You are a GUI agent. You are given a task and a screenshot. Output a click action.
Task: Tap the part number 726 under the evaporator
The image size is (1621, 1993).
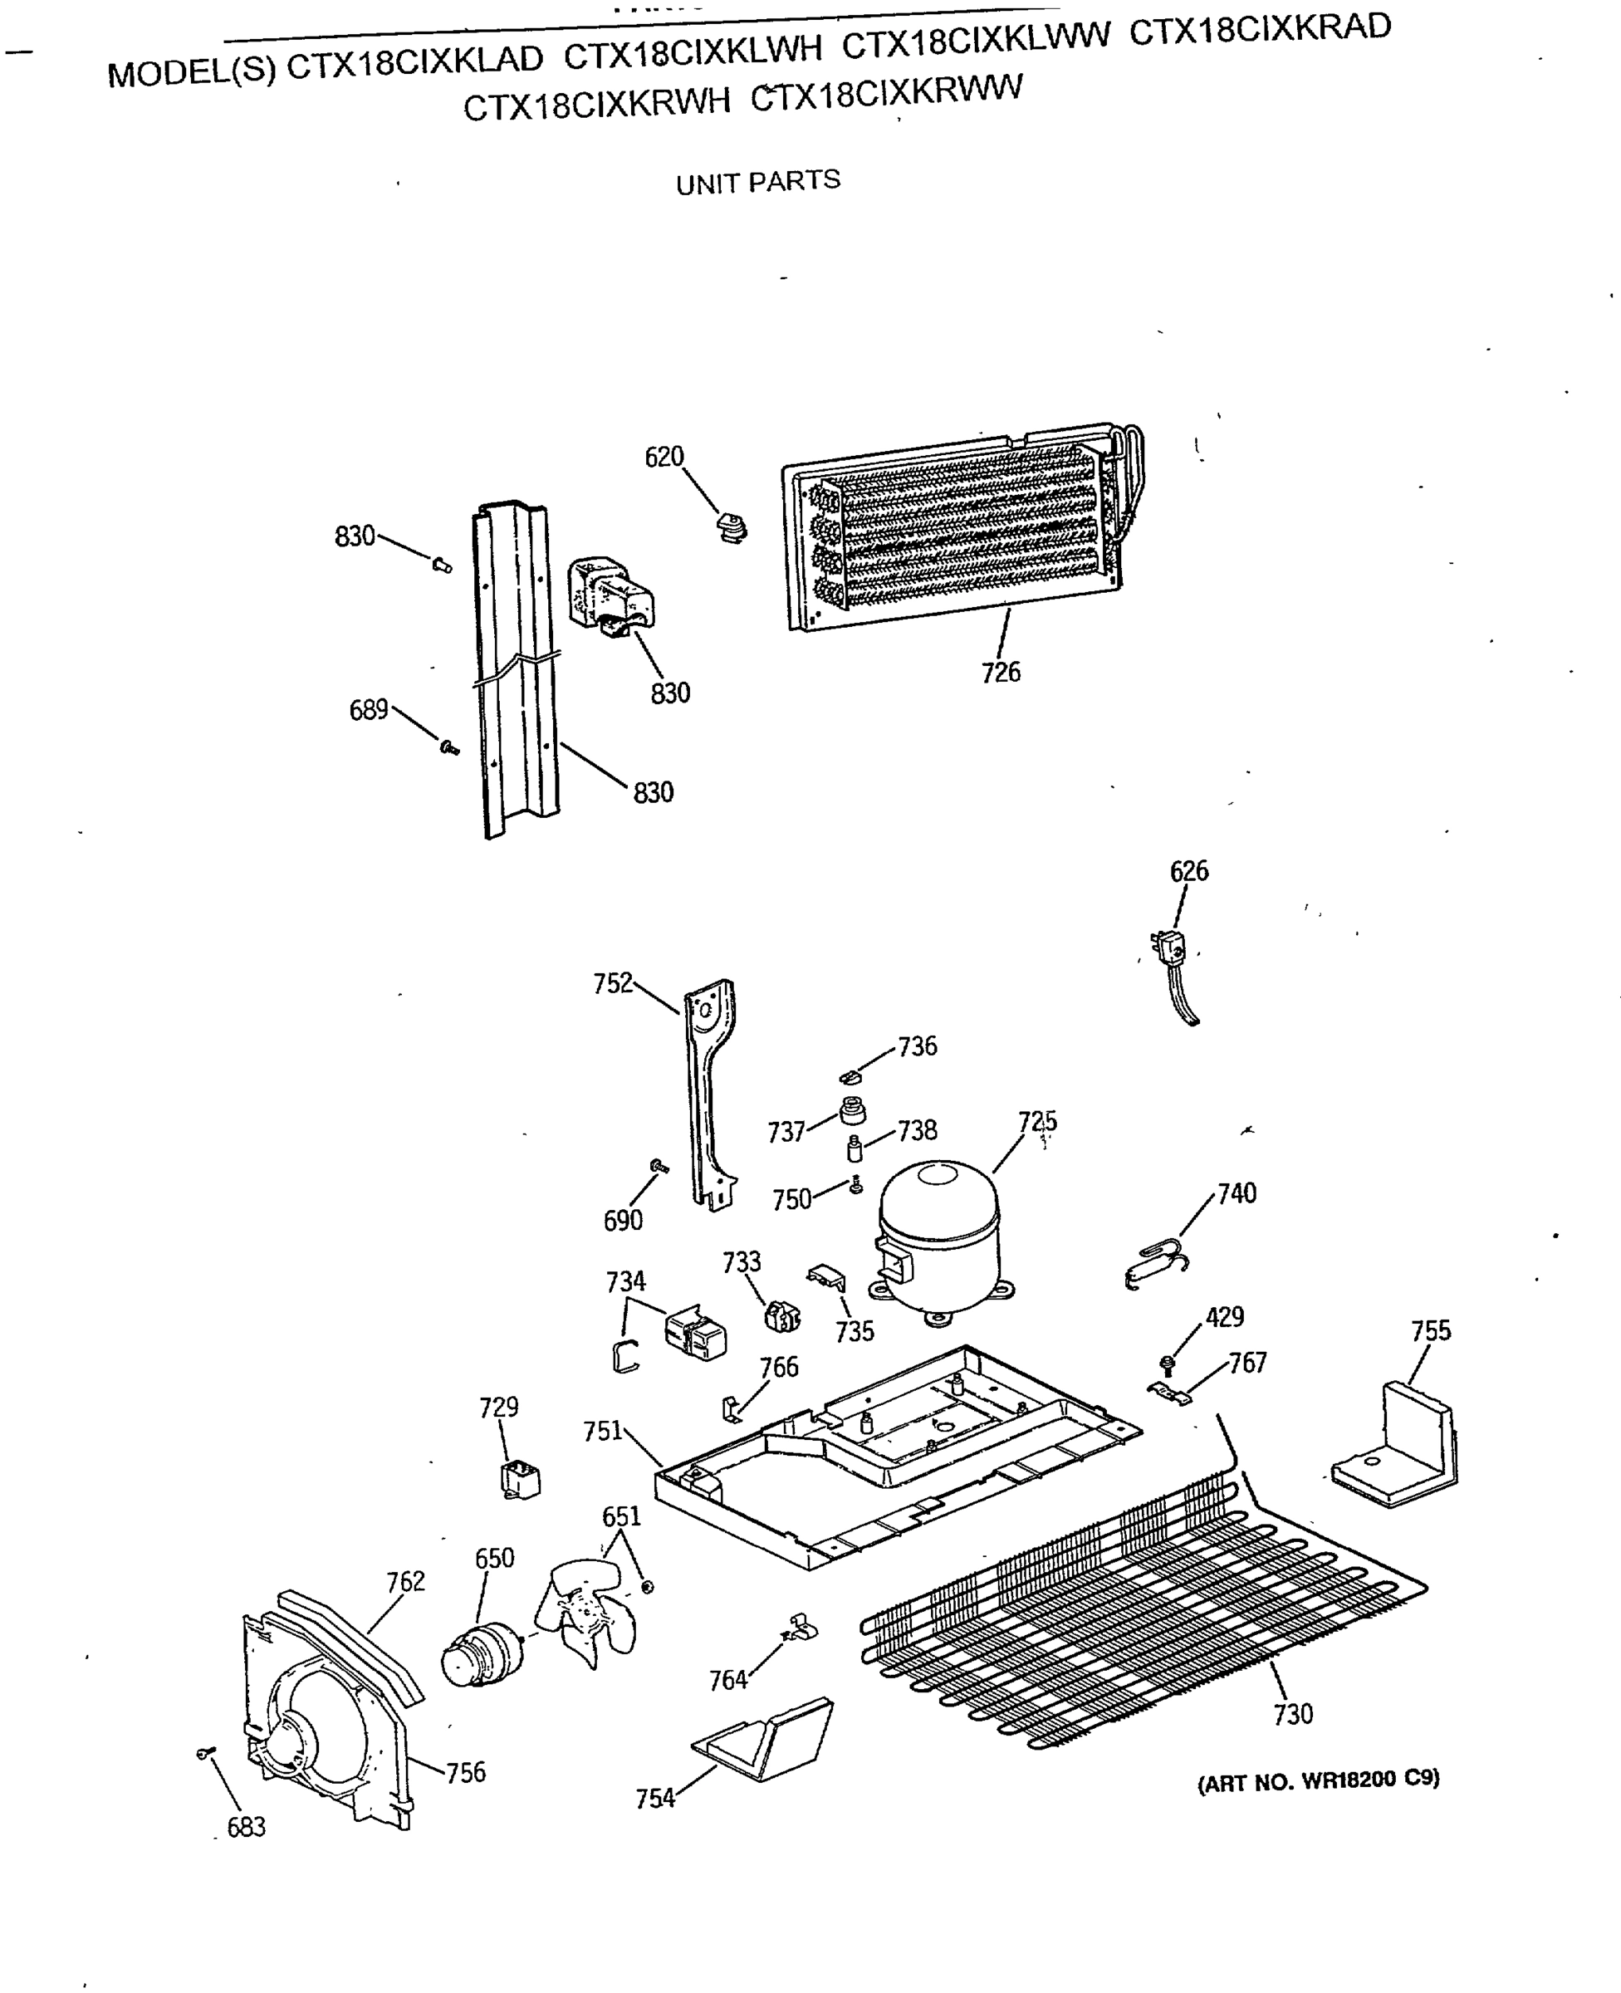click(x=1000, y=672)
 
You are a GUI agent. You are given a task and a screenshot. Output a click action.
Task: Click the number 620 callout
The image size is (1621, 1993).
click(x=664, y=458)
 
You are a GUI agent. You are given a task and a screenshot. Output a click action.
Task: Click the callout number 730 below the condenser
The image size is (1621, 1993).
click(x=1292, y=1714)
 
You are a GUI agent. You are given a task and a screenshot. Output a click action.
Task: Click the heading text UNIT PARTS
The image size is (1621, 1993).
click(x=757, y=182)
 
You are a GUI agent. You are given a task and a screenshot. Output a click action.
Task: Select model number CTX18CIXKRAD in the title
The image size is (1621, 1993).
click(x=1259, y=30)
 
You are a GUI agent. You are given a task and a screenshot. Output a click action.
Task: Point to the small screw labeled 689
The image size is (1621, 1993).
click(x=449, y=747)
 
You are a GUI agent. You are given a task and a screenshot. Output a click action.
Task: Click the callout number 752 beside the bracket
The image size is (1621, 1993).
click(x=613, y=984)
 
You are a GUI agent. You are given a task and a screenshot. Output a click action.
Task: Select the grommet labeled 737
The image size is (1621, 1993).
click(x=853, y=1111)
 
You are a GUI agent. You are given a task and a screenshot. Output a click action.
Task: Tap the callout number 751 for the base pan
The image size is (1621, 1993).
click(x=602, y=1431)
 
